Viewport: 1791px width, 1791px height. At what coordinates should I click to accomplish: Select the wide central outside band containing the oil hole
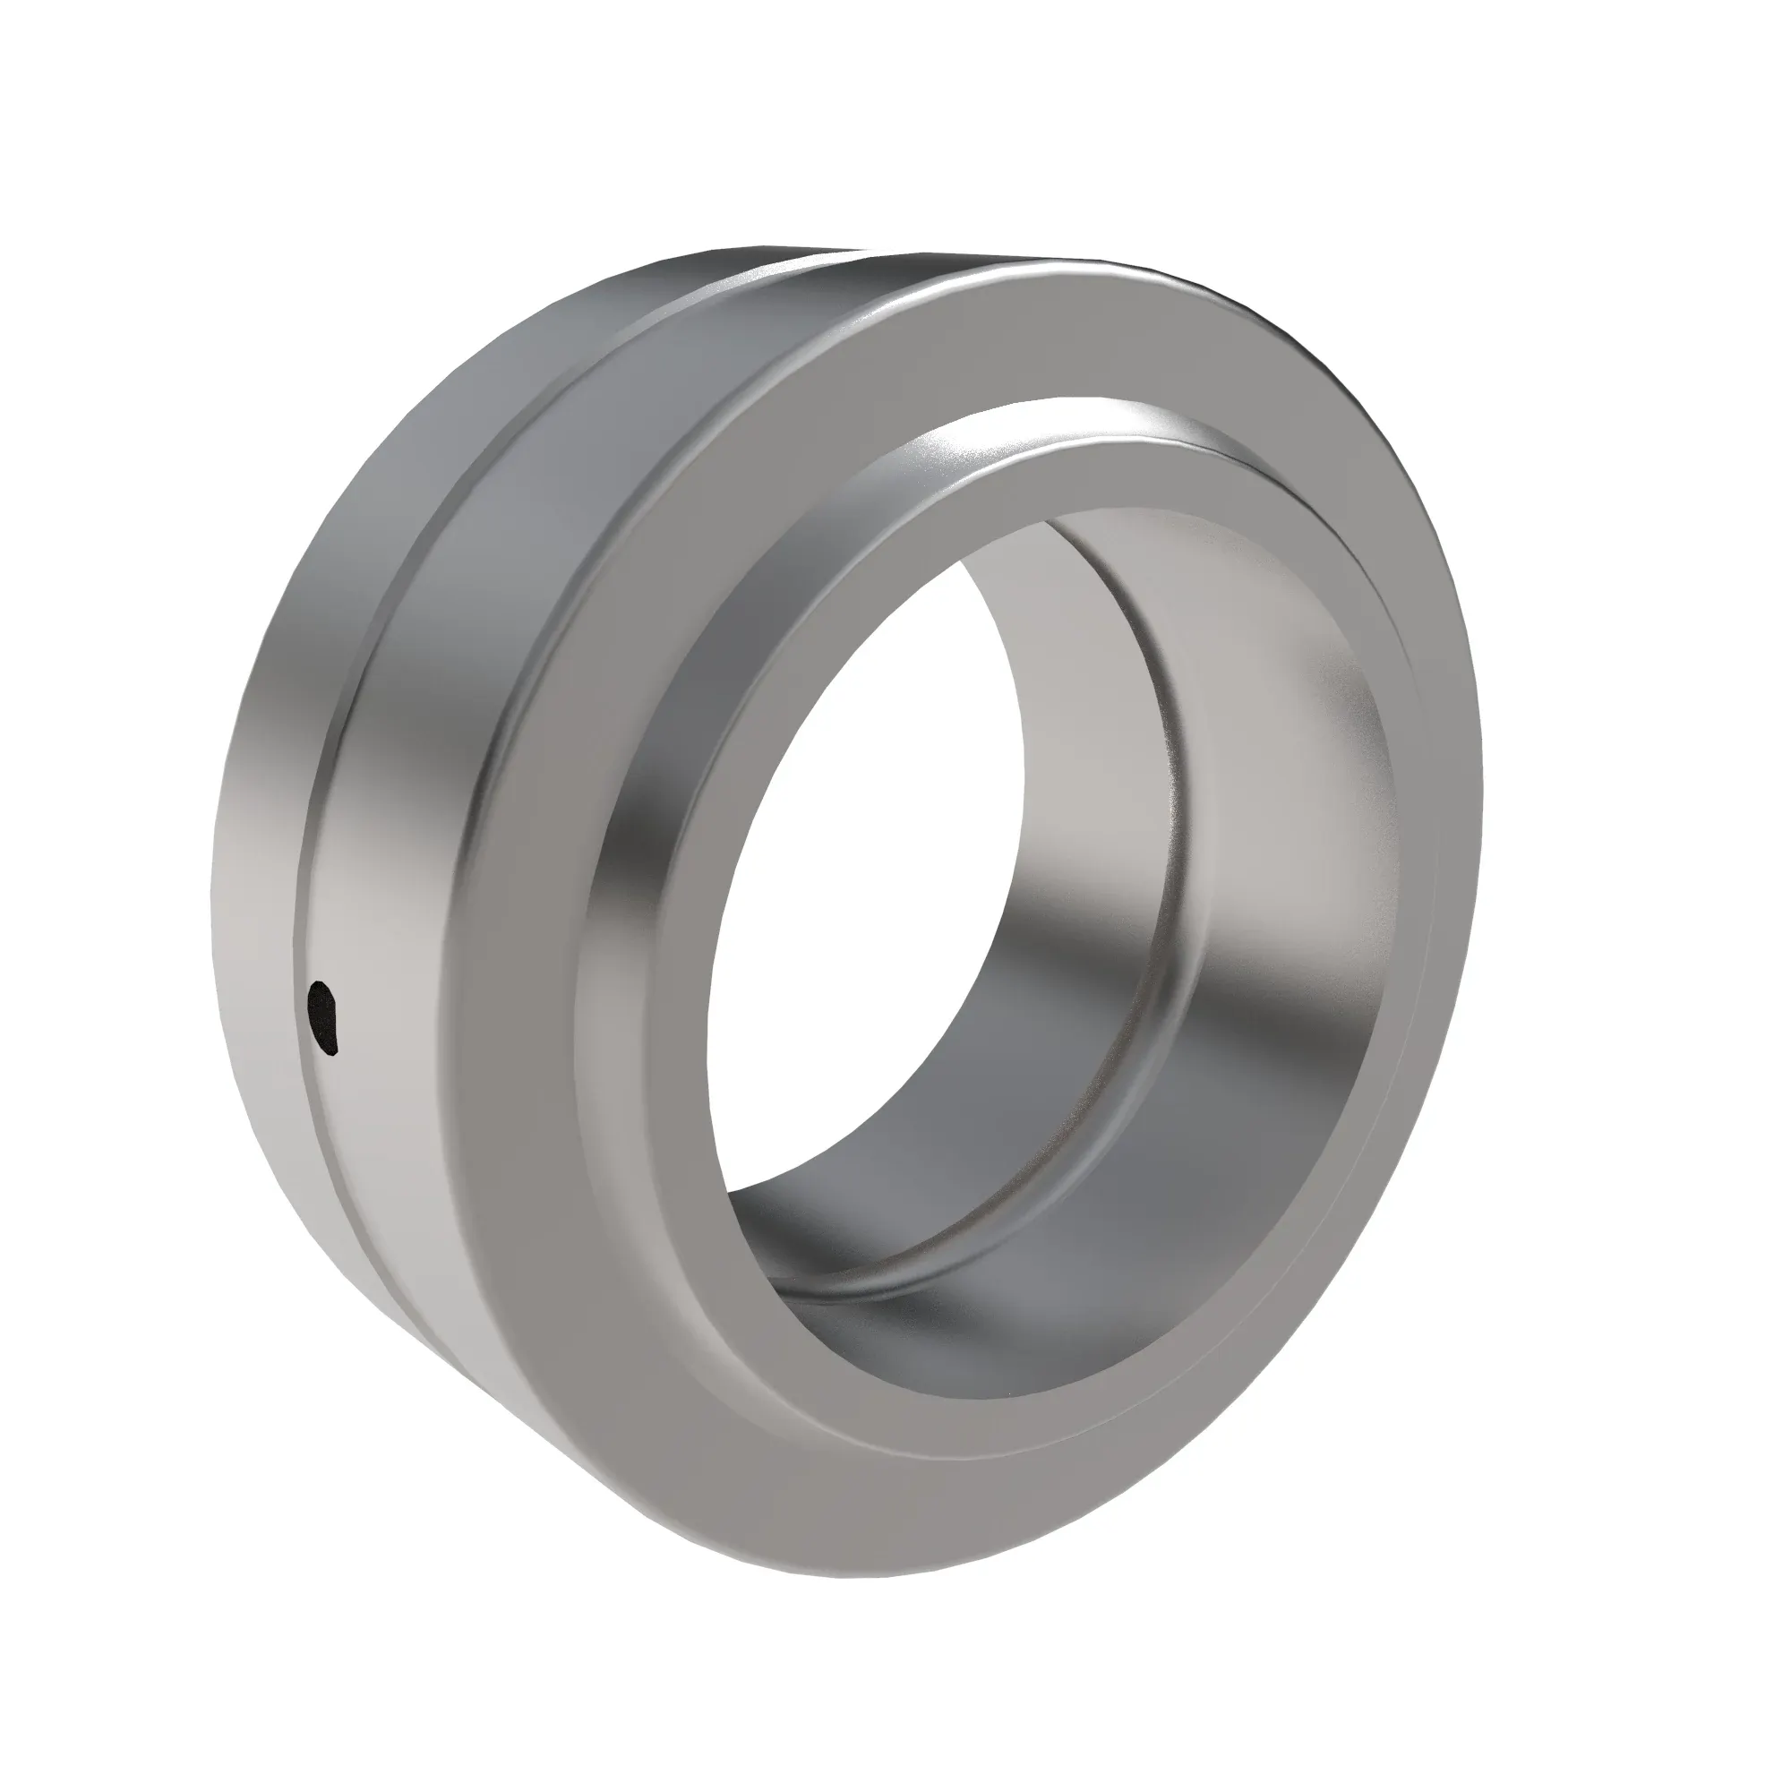390,927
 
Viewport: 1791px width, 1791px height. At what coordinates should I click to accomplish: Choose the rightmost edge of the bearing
1481,788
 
